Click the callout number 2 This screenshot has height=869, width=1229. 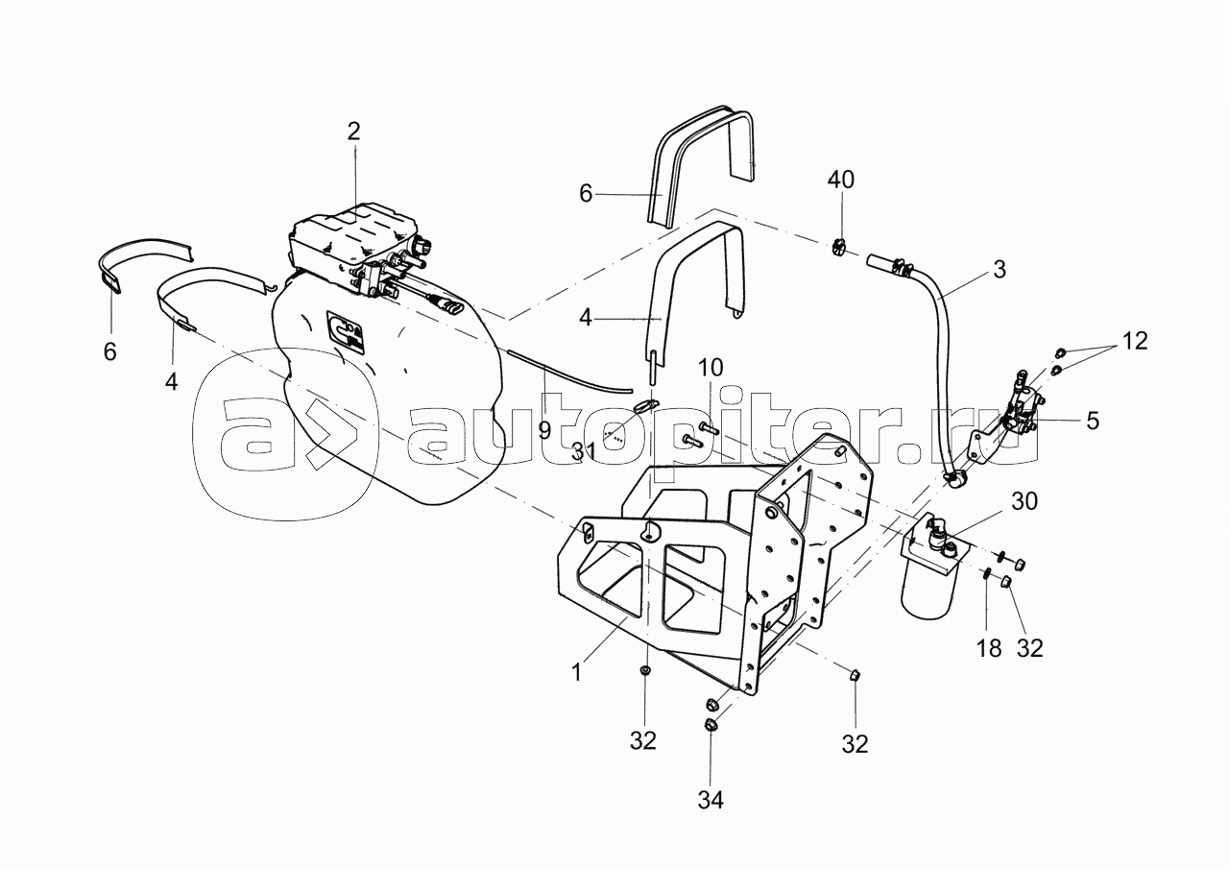pyautogui.click(x=354, y=132)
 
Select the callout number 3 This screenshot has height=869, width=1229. pyautogui.click(x=1000, y=270)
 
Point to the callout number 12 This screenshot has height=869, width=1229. pyautogui.click(x=1134, y=341)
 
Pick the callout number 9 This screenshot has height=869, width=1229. pyautogui.click(x=544, y=430)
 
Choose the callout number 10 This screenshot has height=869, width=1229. pyautogui.click(x=711, y=367)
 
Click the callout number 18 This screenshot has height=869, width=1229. pyautogui.click(x=989, y=648)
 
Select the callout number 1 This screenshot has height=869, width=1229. pyautogui.click(x=577, y=673)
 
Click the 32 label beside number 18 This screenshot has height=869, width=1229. pyautogui.click(x=1029, y=648)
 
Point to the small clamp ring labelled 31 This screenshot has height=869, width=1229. pyautogui.click(x=647, y=406)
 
